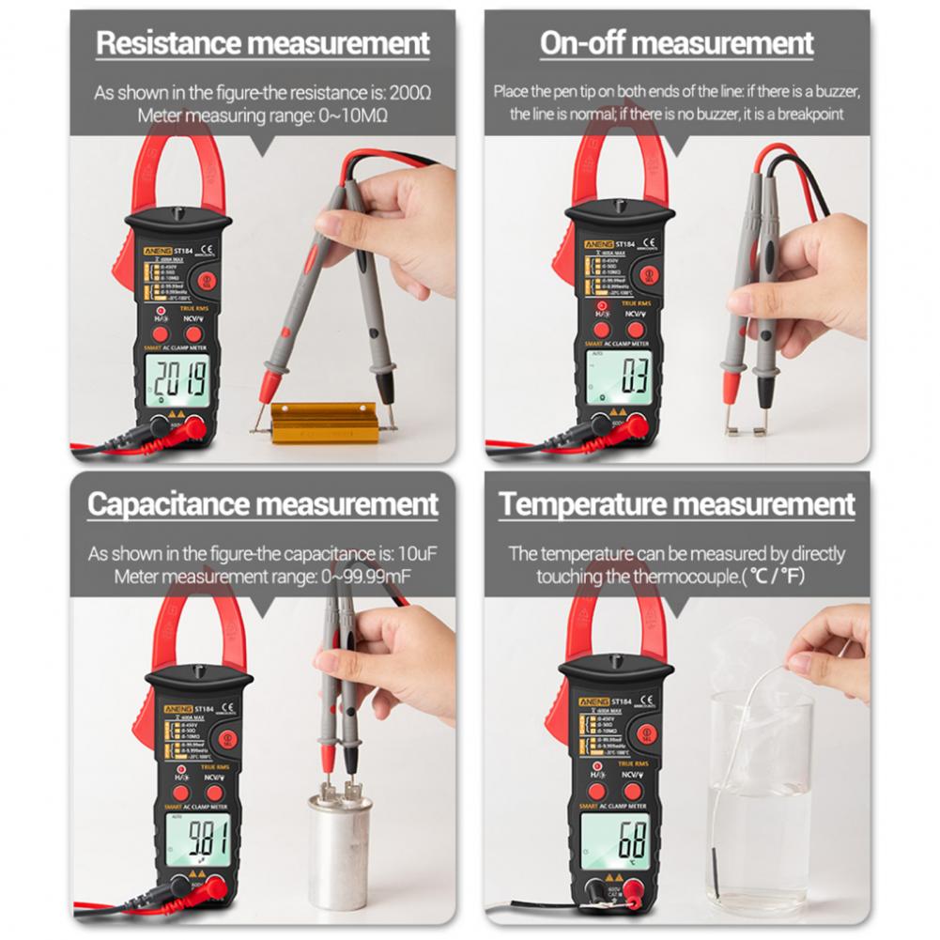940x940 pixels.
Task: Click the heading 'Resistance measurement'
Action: pos(263,43)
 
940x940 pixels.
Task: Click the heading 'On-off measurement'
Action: pos(676,43)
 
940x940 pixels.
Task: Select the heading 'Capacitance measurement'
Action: pos(263,504)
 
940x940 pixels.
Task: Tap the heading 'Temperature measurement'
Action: pos(676,504)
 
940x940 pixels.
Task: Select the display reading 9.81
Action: pos(200,833)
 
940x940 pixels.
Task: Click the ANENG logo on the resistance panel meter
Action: pos(152,251)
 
